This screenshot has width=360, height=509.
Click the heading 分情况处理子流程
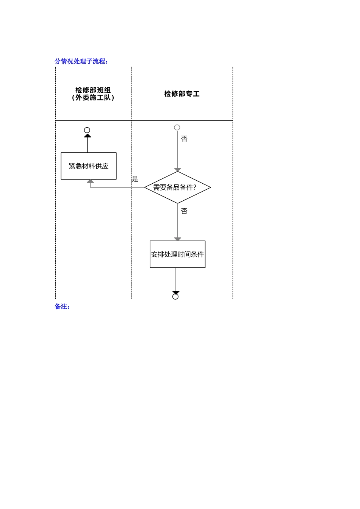(81, 61)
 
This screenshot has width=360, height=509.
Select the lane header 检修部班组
(93, 90)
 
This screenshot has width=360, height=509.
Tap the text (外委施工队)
(93, 98)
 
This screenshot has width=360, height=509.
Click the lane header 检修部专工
(182, 94)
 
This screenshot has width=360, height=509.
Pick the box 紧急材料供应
(89, 166)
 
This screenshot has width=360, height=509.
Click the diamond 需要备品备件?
(177, 187)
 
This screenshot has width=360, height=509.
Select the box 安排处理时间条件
(177, 254)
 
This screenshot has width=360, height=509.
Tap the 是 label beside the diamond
(135, 179)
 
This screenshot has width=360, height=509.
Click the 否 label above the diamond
(184, 139)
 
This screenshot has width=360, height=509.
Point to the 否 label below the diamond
(184, 211)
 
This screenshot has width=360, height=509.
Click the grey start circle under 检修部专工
(177, 128)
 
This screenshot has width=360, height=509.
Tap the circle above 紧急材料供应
(87, 130)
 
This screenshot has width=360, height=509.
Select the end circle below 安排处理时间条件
(175, 297)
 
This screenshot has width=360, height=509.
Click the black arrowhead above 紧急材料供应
(88, 135)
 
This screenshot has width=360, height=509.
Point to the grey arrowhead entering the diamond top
(177, 170)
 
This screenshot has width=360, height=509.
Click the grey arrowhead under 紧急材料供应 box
(90, 181)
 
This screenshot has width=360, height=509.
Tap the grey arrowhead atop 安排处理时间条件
(177, 239)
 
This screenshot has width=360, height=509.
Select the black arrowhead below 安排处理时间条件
(176, 292)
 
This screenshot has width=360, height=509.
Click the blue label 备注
(62, 307)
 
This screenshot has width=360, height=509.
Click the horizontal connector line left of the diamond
(117, 187)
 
